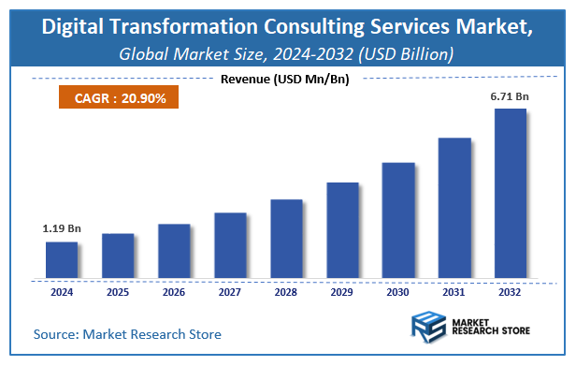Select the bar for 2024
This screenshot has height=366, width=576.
coord(62,260)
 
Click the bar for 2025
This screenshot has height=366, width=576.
coord(118,256)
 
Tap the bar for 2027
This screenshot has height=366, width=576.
coord(230,245)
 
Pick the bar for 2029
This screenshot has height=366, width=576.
coord(342,230)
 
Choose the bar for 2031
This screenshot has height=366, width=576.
coord(454,208)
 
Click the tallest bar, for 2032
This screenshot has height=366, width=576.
coord(511,194)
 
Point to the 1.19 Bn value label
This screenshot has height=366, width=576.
coord(62,227)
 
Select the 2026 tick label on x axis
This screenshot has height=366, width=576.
coord(174,291)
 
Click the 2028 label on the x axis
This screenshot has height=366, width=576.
coord(286,291)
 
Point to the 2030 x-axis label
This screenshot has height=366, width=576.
coord(398,291)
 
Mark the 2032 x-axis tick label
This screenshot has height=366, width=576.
coord(511,291)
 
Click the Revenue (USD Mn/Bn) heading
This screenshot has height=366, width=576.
coord(284,79)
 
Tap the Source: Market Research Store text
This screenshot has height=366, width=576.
coord(128,334)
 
